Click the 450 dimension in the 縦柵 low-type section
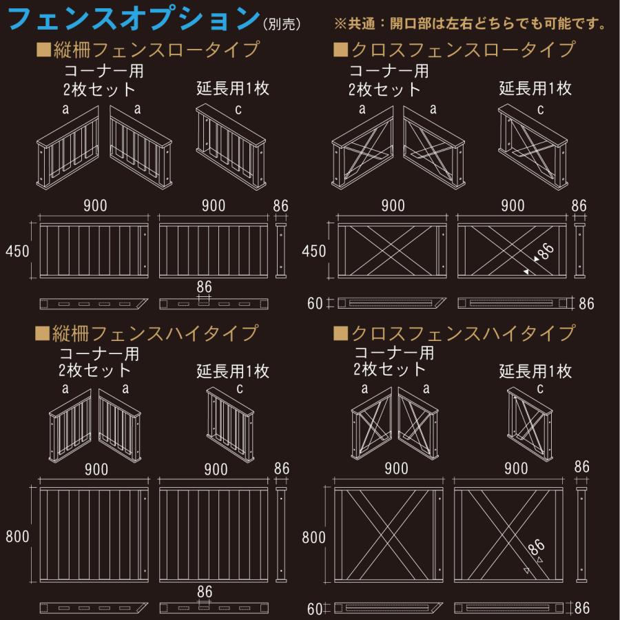[x=17, y=251]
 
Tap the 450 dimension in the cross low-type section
[x=315, y=251]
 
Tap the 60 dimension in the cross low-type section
[x=315, y=303]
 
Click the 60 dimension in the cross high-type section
[x=315, y=608]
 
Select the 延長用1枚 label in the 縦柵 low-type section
[x=231, y=88]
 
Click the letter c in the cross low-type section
[x=540, y=109]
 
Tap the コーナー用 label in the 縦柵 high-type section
[x=99, y=354]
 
